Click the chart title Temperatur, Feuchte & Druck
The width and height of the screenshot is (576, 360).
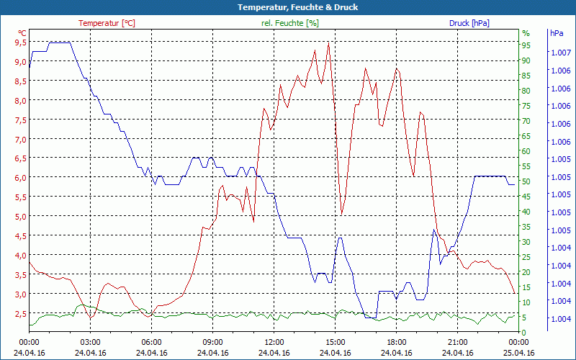288,7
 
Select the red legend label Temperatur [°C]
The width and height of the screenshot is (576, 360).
107,23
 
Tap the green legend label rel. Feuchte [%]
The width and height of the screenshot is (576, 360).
290,23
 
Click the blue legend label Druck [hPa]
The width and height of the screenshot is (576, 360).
469,23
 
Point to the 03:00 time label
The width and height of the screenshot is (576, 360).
90,343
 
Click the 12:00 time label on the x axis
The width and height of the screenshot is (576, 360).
274,343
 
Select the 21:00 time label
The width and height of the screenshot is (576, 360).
458,343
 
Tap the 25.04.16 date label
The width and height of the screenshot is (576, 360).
519,353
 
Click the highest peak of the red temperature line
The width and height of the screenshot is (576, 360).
328,42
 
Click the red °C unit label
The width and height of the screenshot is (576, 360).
22,33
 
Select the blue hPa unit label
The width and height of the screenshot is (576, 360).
556,33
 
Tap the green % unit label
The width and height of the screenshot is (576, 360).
526,33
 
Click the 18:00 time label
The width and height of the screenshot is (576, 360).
397,343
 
